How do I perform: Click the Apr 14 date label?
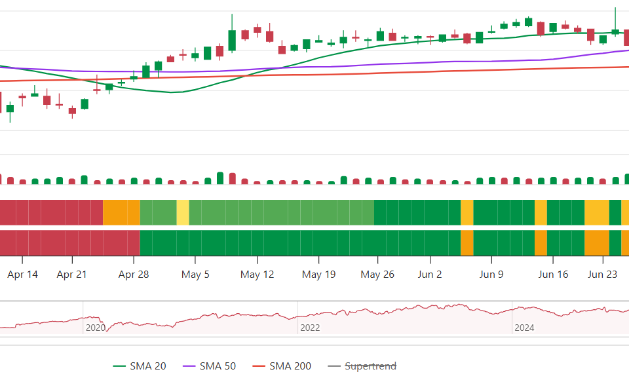click(x=22, y=275)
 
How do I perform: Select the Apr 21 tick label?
click(x=72, y=275)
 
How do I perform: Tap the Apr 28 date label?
click(x=134, y=275)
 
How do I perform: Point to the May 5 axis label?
click(x=195, y=275)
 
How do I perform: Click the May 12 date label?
click(x=257, y=275)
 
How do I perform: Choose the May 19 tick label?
click(x=319, y=275)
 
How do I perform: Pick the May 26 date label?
click(x=377, y=275)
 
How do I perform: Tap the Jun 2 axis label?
click(x=430, y=275)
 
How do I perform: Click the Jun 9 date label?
click(x=491, y=275)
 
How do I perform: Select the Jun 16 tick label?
click(x=553, y=275)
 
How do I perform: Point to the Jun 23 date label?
click(x=603, y=275)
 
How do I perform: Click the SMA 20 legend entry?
click(x=140, y=366)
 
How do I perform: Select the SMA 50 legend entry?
click(x=210, y=366)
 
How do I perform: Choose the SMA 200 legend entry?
click(x=282, y=366)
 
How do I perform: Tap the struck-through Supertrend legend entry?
click(x=362, y=366)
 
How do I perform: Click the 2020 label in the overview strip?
click(x=96, y=328)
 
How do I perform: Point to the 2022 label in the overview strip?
click(x=310, y=328)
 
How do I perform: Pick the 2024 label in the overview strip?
click(x=524, y=328)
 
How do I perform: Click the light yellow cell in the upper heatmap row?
click(x=183, y=213)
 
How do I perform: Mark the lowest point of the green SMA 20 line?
click(x=172, y=92)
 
